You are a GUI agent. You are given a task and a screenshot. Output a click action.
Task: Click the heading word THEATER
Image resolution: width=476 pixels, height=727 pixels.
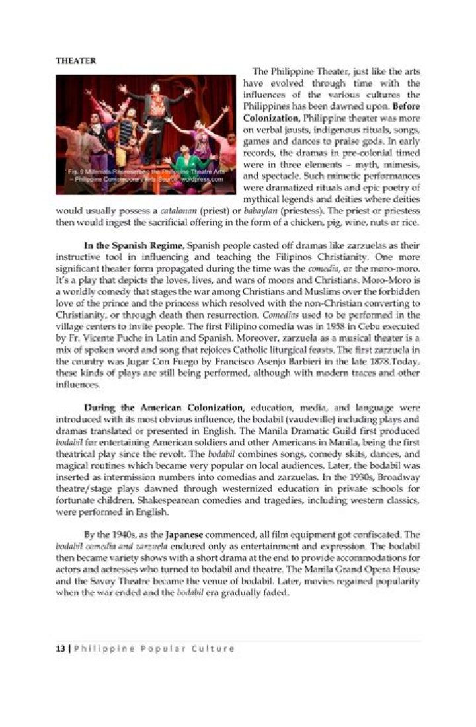pos(75,61)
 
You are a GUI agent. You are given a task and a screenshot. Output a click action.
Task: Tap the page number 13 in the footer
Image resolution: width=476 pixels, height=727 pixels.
pos(59,648)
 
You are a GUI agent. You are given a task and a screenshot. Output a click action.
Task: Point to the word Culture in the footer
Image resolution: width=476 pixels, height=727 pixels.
pos(213,648)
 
